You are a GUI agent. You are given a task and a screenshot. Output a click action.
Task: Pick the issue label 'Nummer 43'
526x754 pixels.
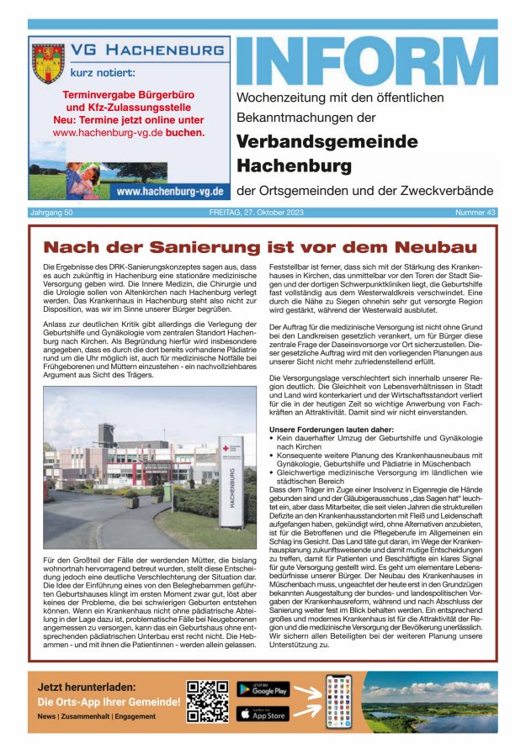point(476,213)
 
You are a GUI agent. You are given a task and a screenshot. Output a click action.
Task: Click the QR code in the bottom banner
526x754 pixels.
point(207,701)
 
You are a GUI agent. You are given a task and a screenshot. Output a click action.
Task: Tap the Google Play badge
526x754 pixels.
point(263,689)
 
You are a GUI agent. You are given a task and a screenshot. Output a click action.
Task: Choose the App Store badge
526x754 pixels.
point(263,714)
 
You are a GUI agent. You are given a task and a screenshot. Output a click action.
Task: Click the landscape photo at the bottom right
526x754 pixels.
point(428,701)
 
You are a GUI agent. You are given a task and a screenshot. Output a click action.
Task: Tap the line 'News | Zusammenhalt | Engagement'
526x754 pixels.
point(96,716)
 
